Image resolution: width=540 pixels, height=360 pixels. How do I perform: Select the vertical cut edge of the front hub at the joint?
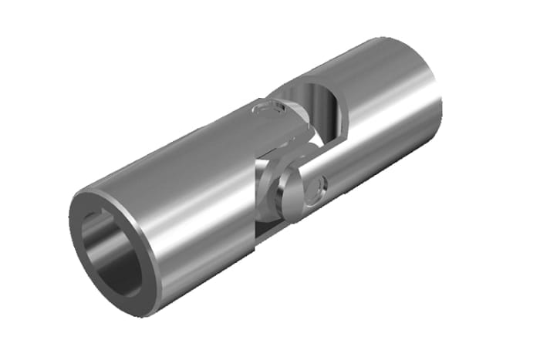point(255,185)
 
